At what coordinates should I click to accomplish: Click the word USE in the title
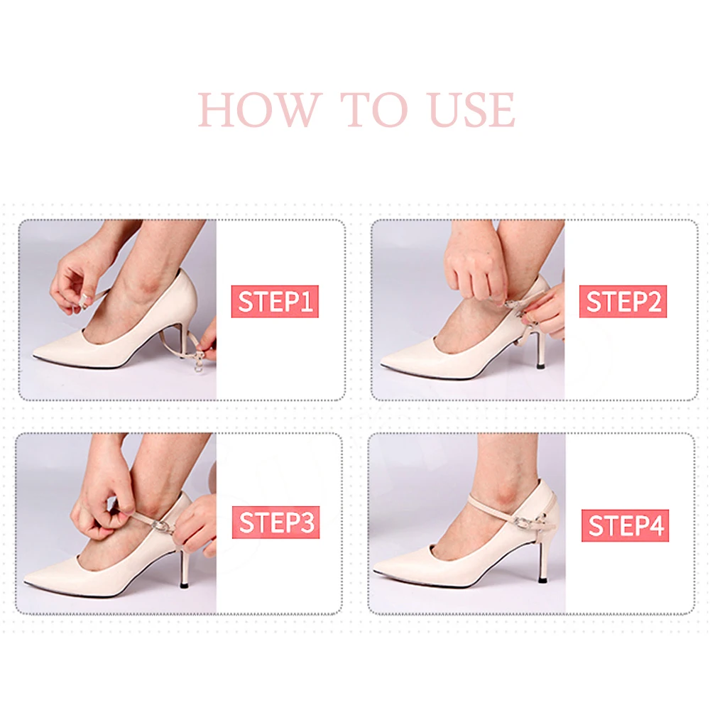click(472, 110)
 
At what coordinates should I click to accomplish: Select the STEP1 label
click(275, 301)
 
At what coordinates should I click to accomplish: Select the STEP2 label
click(623, 301)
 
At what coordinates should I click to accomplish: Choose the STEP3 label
click(275, 523)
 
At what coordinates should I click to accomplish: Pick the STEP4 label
click(626, 525)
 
